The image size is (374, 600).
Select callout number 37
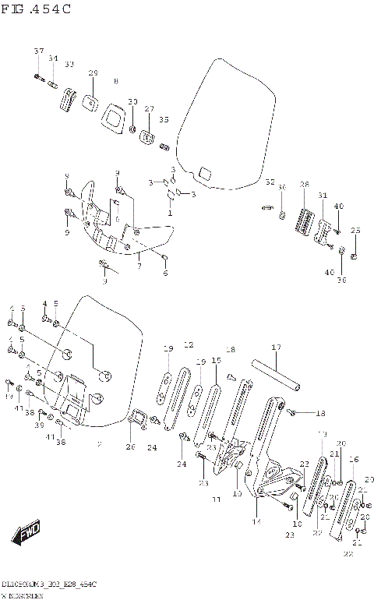pos(38,51)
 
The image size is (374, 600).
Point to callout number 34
pos(53,58)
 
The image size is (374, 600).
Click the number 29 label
pos(93,73)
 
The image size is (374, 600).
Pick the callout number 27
pos(149,109)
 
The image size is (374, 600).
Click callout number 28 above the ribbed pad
pos(305,185)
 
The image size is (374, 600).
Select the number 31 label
pos(323,195)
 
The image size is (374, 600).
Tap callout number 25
pos(355,231)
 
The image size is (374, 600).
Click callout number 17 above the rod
pos(275,347)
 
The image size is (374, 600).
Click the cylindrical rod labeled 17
pos(278,373)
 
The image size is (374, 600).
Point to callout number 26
pos(130,447)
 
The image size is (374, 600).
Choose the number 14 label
pos(256,521)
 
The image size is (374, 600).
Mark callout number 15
pos(216,361)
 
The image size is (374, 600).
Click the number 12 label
pos(188,344)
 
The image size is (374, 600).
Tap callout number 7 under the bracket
pos(139,266)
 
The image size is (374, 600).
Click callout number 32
pos(270,182)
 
